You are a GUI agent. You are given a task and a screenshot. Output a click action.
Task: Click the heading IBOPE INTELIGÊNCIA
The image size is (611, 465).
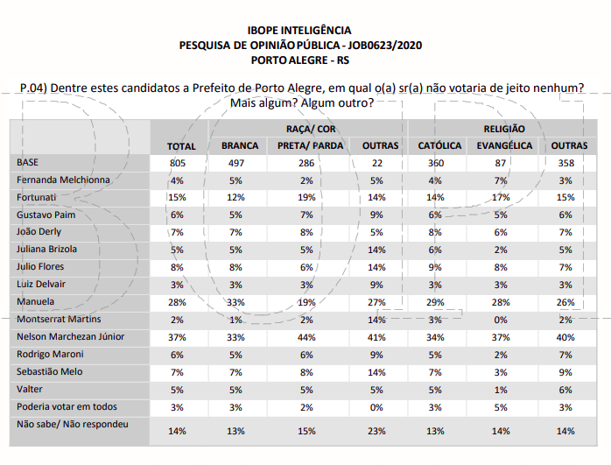point(299,31)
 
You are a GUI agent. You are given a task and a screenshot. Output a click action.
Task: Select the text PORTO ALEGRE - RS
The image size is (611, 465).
point(299,60)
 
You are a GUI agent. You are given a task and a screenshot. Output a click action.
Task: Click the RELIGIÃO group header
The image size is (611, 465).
point(503,129)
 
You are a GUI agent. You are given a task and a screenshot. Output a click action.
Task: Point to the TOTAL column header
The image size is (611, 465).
point(181,145)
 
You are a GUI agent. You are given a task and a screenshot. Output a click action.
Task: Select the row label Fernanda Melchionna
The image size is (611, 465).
point(63,180)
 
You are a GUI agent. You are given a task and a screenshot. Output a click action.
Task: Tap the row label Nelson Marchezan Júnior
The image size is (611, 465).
point(70,336)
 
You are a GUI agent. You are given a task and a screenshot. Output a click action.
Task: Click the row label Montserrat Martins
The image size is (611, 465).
point(58,319)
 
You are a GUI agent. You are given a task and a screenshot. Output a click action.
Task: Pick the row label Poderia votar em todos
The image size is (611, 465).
point(66,406)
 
